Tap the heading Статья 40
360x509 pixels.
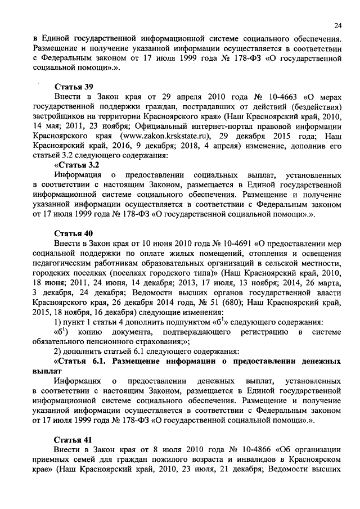click(x=73, y=233)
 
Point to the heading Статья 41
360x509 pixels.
click(x=73, y=439)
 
